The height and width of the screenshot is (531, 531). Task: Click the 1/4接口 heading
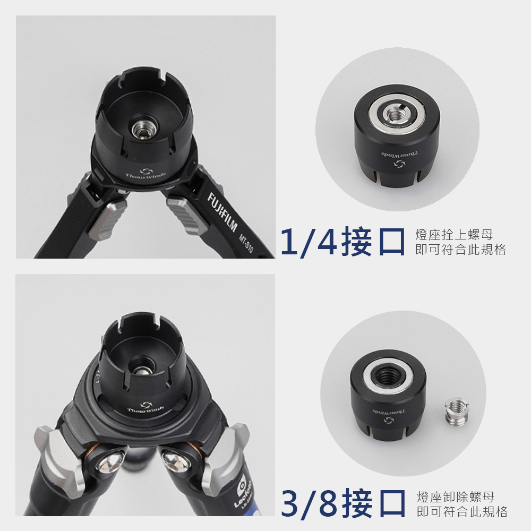point(342,242)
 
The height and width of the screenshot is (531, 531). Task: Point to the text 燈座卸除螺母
point(456,497)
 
